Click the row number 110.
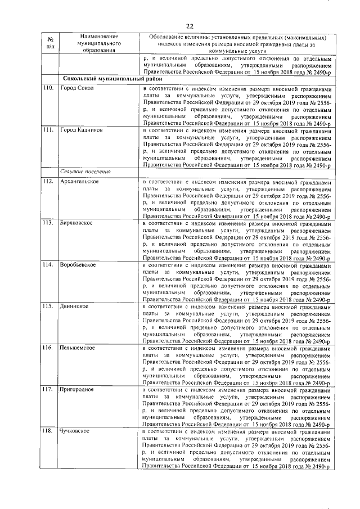point(48,88)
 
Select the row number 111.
point(48,129)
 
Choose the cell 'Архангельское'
point(80,181)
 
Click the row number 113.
point(48,223)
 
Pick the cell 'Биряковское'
point(76,223)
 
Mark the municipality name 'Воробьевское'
point(79,264)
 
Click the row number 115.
point(48,305)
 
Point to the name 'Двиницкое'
point(74,305)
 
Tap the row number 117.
point(48,389)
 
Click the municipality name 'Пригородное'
point(77,389)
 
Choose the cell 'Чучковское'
point(75,430)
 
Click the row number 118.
point(48,430)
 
